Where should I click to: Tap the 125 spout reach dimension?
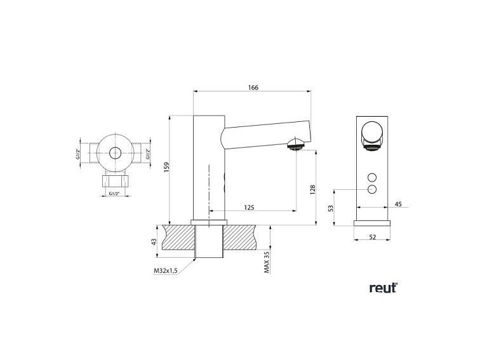250,208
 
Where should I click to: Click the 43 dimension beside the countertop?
154,241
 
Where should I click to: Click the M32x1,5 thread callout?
165,270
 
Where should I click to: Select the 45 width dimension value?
398,204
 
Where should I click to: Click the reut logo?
383,288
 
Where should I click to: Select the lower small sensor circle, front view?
372,190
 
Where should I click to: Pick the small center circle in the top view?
115,153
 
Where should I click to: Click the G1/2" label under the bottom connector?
115,193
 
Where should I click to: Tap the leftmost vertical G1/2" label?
78,153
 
